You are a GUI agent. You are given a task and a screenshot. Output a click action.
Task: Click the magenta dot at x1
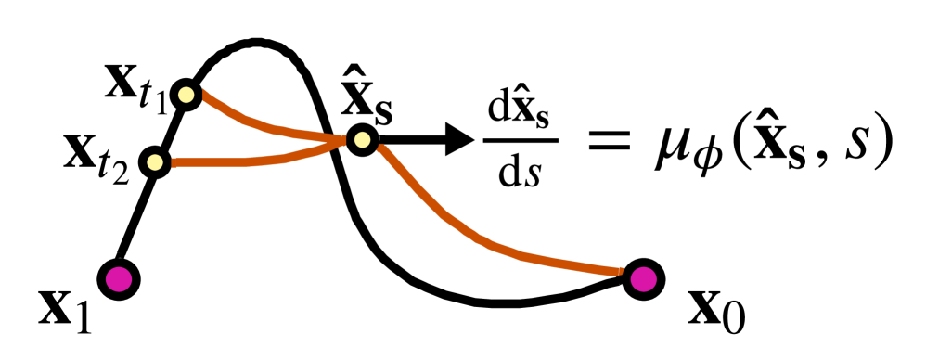120,277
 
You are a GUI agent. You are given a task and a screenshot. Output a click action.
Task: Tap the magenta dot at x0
640,276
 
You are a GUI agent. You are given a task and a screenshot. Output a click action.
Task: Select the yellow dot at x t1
186,94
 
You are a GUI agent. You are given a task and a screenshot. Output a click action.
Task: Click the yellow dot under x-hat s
361,140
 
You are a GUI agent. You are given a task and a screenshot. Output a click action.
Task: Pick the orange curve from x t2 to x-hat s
251,159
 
